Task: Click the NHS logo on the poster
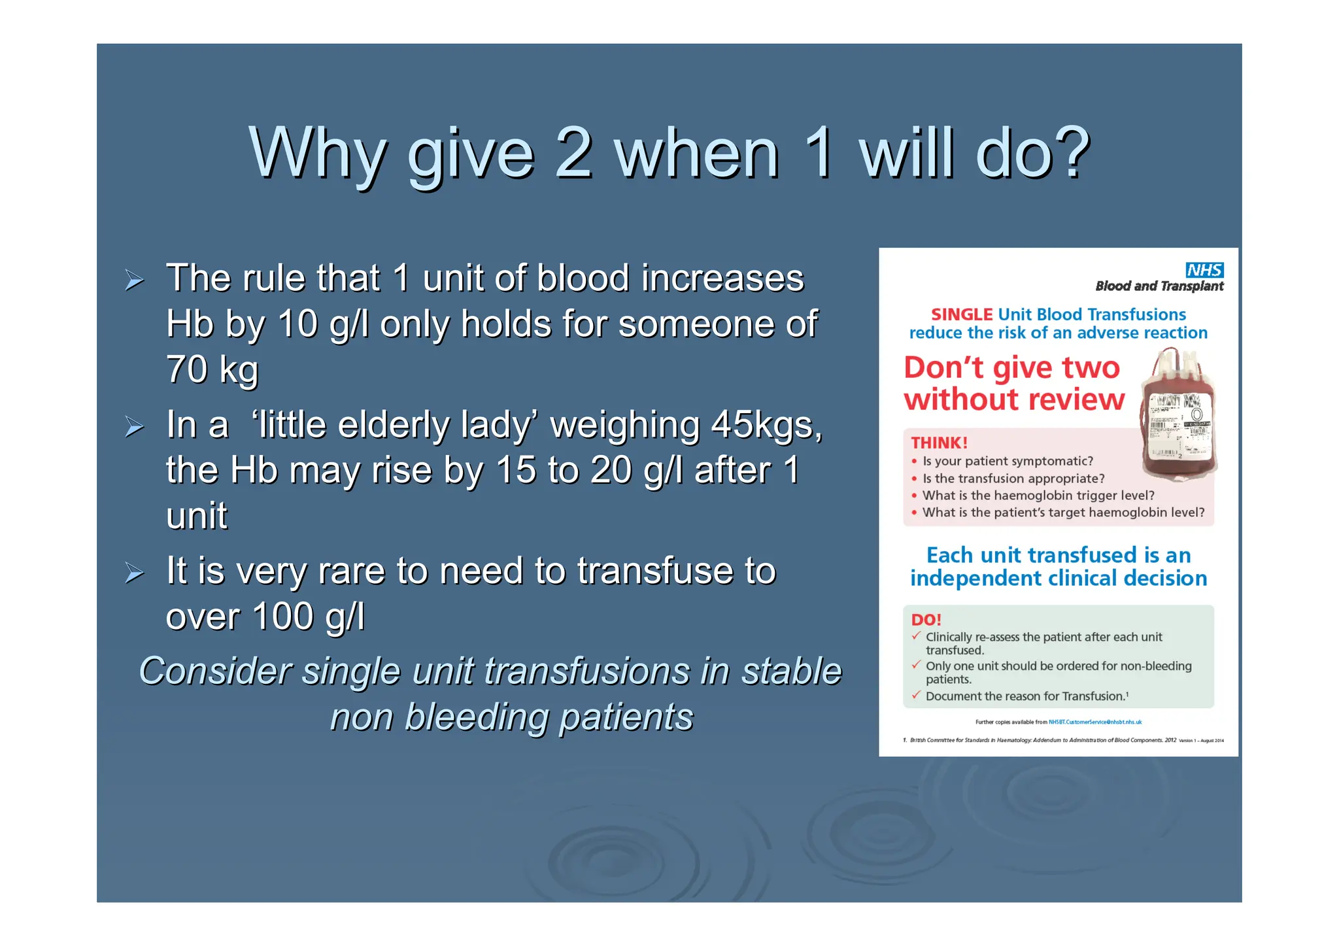(x=1204, y=270)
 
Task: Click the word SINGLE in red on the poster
(x=961, y=314)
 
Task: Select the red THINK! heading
(x=939, y=443)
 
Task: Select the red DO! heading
(x=926, y=620)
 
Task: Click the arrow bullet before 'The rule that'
(x=135, y=281)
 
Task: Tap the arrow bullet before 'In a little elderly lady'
(x=135, y=428)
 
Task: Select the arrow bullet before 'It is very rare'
(x=135, y=573)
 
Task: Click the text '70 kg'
(x=212, y=369)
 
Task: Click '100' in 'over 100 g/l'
(x=282, y=616)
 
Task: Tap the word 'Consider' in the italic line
(x=214, y=671)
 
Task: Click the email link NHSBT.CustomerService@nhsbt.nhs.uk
(x=1095, y=722)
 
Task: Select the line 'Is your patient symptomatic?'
(x=1008, y=461)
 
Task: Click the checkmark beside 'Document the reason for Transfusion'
(x=916, y=694)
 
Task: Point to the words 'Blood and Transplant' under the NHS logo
(x=1159, y=286)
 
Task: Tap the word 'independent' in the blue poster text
(x=975, y=578)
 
